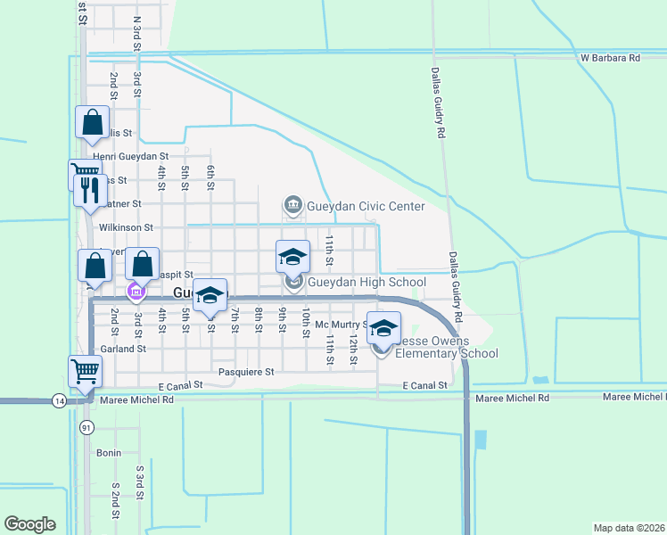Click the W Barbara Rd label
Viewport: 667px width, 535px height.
(x=610, y=58)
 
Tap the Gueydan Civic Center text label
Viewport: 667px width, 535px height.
(x=366, y=207)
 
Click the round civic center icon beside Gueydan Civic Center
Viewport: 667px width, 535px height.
(x=292, y=207)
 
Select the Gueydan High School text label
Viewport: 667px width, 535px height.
(x=366, y=283)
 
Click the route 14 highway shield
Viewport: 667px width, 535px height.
(x=58, y=400)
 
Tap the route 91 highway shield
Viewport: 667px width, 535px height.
(x=86, y=427)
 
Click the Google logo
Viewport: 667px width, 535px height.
(x=29, y=524)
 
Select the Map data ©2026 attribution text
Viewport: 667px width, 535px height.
(x=629, y=527)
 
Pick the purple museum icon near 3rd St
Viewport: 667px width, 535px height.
(x=136, y=292)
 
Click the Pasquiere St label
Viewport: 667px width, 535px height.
(x=243, y=370)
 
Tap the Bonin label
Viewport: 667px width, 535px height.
(x=108, y=453)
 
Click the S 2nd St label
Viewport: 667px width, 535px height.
(x=116, y=502)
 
